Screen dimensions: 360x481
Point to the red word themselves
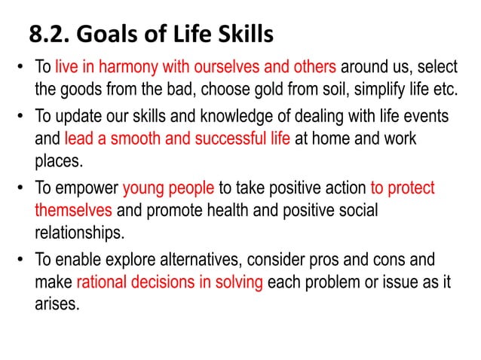pos(72,210)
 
